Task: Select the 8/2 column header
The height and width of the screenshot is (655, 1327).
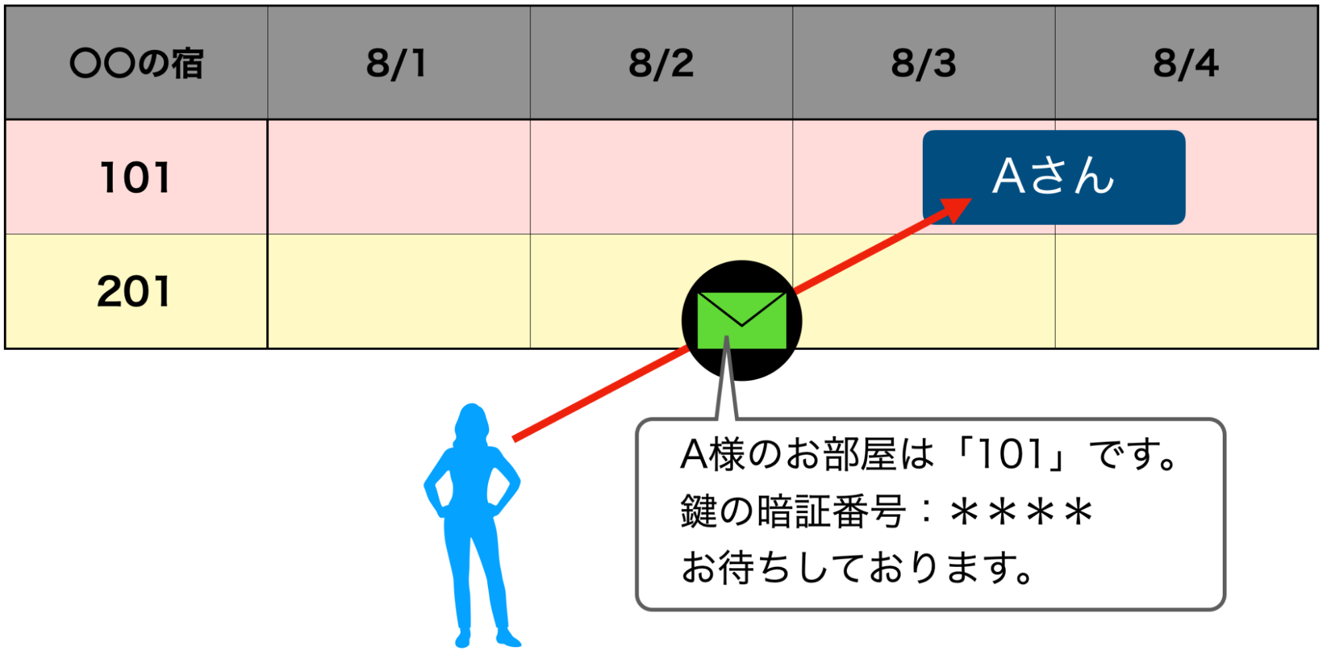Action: coord(661,63)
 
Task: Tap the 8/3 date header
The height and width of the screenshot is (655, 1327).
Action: coord(923,63)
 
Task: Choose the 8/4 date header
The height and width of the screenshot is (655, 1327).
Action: coord(1186,63)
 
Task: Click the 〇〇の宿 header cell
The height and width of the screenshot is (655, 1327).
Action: coord(136,63)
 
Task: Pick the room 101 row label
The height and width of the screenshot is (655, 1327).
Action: coord(135,177)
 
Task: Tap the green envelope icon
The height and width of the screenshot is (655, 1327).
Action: coord(742,320)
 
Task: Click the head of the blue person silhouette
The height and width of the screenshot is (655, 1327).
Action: coord(472,421)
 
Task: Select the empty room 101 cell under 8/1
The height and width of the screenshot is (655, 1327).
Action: coord(398,177)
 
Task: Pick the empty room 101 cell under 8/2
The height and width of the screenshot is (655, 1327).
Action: coord(661,177)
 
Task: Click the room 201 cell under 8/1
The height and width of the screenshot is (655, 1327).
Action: coord(398,291)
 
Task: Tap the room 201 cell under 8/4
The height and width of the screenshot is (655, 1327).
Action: coord(1186,291)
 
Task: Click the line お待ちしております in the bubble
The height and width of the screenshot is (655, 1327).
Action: coord(856,569)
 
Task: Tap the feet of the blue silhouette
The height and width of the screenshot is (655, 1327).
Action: coord(488,639)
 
